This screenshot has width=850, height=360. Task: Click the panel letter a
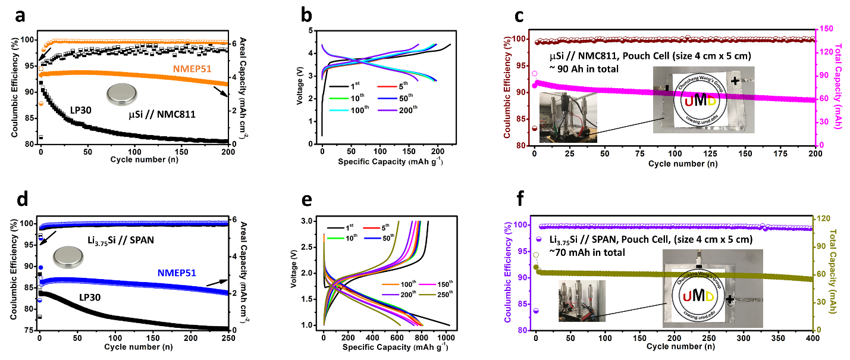click(x=20, y=17)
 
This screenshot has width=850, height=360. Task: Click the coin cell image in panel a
click(x=121, y=95)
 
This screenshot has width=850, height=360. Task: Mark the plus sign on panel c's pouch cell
click(x=736, y=80)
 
